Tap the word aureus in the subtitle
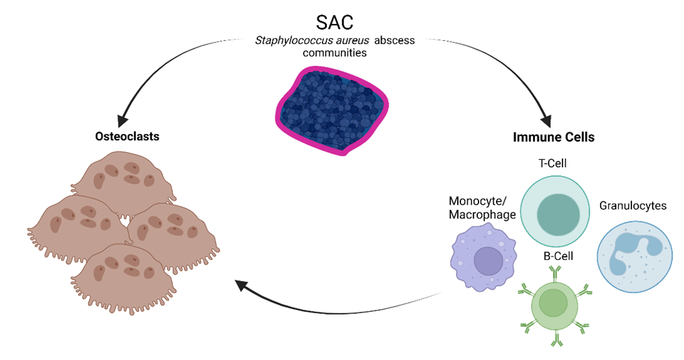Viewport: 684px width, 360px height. coord(353,41)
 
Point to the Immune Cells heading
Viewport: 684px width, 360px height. coord(553,137)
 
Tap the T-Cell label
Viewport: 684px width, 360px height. coord(555,162)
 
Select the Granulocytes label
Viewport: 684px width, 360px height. coord(633,205)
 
